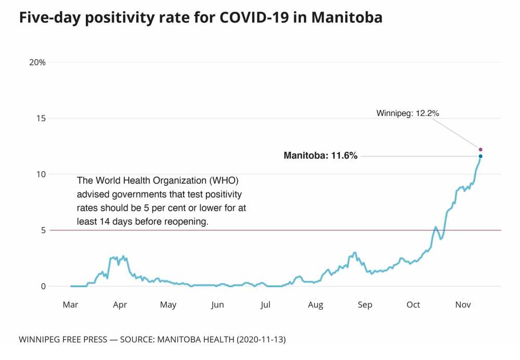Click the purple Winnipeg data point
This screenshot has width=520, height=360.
pyautogui.click(x=480, y=149)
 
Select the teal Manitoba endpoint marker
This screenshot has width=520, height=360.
pyautogui.click(x=480, y=156)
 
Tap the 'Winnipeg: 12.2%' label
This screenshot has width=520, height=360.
pyautogui.click(x=409, y=113)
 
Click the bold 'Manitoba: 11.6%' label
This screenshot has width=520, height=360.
pyautogui.click(x=320, y=156)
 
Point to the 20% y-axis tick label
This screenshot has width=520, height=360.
pyautogui.click(x=37, y=62)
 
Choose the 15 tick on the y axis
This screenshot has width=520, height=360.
pyautogui.click(x=41, y=118)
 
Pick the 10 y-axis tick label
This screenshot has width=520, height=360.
pyautogui.click(x=41, y=174)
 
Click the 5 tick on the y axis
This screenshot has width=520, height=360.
pyautogui.click(x=43, y=230)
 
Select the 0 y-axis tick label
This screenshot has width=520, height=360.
pyautogui.click(x=43, y=286)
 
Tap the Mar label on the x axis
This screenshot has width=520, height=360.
pyautogui.click(x=70, y=305)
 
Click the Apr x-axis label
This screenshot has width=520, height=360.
pyautogui.click(x=120, y=305)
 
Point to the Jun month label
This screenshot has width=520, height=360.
pyautogui.click(x=217, y=305)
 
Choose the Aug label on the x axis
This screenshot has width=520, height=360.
pyautogui.click(x=315, y=305)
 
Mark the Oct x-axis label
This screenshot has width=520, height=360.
pyautogui.click(x=413, y=305)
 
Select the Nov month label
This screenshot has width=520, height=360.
pyautogui.click(x=463, y=305)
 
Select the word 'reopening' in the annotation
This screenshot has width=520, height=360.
pyautogui.click(x=185, y=222)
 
